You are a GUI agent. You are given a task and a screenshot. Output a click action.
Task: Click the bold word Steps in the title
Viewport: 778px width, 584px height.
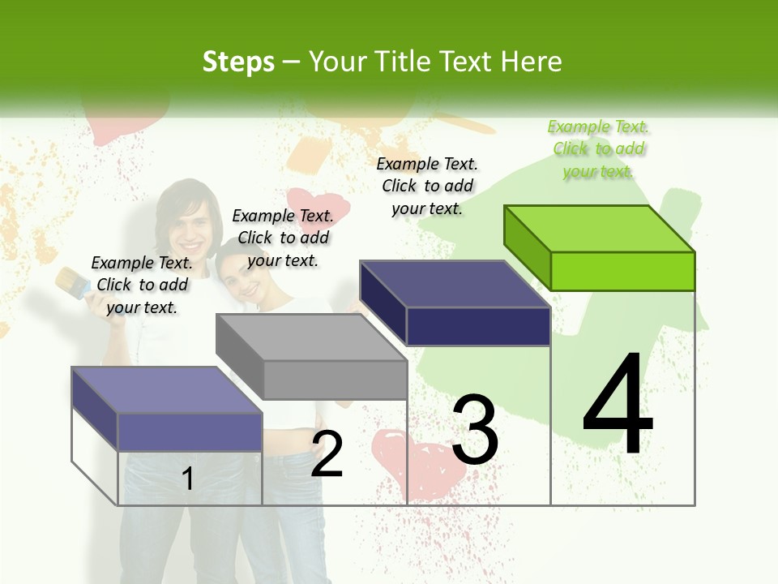[238, 62]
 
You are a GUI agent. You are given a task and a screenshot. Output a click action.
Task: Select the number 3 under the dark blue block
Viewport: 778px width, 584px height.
[475, 430]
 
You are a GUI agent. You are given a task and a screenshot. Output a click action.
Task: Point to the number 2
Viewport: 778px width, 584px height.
[327, 454]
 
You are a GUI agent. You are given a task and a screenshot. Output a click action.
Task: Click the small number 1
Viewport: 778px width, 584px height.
[188, 479]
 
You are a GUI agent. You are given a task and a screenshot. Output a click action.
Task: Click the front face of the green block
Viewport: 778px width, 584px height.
[622, 271]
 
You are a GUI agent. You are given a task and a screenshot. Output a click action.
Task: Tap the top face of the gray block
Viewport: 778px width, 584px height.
[311, 337]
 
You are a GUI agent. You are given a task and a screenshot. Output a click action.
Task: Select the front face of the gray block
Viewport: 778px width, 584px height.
[335, 380]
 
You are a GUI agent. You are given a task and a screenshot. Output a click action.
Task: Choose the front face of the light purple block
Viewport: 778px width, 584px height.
[190, 432]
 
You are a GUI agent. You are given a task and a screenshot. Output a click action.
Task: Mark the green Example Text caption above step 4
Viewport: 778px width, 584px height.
[599, 149]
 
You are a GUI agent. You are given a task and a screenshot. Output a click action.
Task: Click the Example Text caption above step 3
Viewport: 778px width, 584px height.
[428, 186]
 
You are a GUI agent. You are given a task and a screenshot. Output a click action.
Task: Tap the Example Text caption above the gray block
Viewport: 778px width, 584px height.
[283, 238]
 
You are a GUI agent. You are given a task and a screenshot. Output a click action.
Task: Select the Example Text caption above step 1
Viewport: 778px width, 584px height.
[142, 285]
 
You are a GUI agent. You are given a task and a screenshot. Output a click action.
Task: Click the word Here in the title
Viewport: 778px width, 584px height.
[532, 62]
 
